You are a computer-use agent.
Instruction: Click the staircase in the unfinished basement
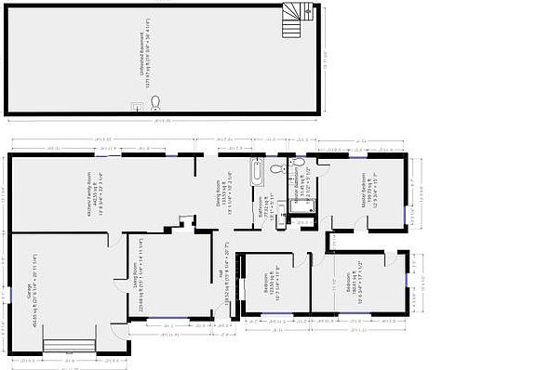[x=297, y=18]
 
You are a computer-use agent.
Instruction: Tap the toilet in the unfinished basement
[x=155, y=102]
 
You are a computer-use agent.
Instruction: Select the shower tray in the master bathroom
[x=305, y=206]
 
